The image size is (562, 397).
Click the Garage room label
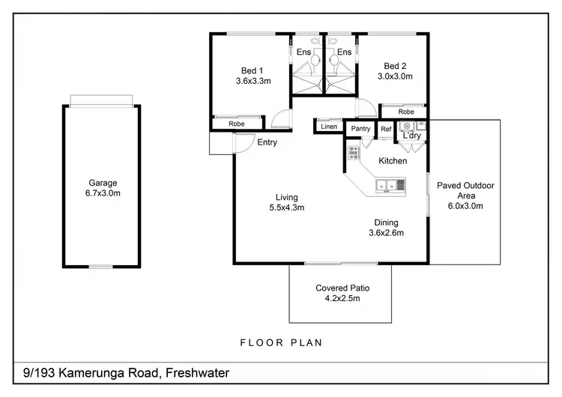(x=103, y=183)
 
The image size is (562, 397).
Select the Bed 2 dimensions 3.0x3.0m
(x=394, y=76)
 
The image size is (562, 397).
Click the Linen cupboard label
(x=329, y=126)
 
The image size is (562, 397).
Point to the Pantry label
(x=361, y=129)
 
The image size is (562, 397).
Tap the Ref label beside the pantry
(x=385, y=129)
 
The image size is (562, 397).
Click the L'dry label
(x=411, y=136)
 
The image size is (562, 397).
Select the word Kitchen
(x=393, y=161)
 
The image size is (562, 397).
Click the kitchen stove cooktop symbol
(x=354, y=154)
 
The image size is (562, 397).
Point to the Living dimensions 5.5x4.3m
(x=286, y=208)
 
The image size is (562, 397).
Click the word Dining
(x=386, y=222)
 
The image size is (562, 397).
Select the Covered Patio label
(x=342, y=288)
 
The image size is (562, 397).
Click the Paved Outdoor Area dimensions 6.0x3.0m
(x=465, y=206)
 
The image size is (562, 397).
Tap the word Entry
(x=267, y=142)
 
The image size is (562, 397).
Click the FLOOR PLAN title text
(x=280, y=343)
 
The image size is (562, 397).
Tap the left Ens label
(x=303, y=52)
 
